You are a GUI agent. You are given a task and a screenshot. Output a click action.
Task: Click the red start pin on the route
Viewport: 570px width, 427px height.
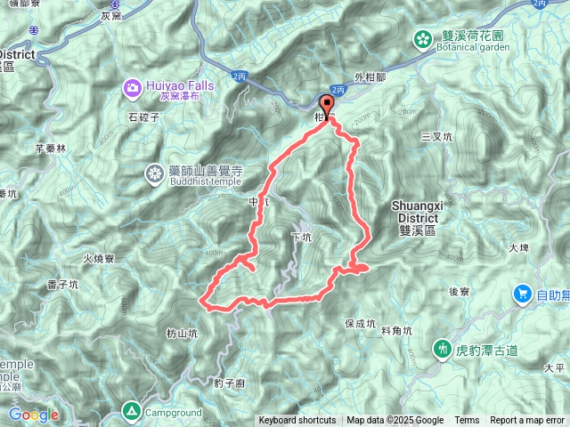pos(327,105)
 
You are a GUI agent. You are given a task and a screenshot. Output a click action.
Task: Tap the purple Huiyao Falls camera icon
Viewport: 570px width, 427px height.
pos(133,87)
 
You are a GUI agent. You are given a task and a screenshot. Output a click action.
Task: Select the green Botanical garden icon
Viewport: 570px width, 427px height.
pos(421,37)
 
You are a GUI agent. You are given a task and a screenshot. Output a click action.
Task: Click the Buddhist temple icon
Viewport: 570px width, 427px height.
pos(155,174)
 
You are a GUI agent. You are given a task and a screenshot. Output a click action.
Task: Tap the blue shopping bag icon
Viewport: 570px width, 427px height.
pos(523,294)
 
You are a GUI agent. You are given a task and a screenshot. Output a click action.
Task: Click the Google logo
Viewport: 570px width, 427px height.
pos(34,415)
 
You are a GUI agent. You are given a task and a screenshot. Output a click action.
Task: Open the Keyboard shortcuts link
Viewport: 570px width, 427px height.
pos(297,421)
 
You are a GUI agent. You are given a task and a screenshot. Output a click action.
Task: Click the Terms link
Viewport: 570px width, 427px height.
pos(467,421)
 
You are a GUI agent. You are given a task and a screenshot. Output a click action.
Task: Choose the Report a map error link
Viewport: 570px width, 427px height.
pos(527,421)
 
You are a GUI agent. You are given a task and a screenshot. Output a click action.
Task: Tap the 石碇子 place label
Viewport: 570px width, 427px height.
pos(143,116)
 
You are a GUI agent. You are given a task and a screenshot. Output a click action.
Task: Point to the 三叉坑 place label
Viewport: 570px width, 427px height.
pos(436,137)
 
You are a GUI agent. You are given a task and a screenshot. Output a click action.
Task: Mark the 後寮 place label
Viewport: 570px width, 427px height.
pos(459,291)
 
